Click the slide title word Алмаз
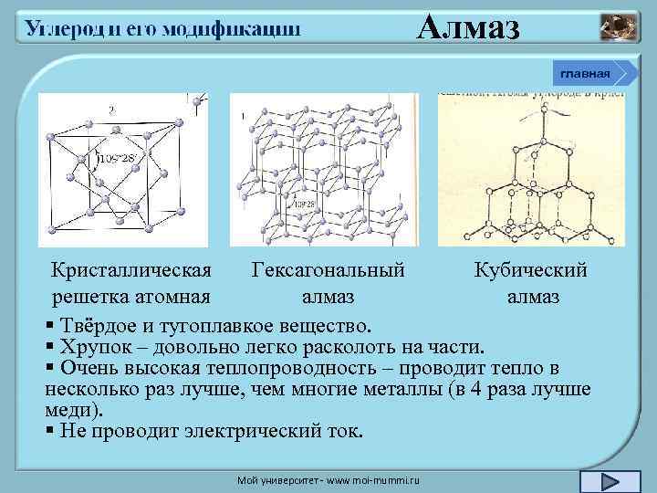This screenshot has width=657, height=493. pos(468,27)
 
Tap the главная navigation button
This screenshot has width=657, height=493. pos(586,72)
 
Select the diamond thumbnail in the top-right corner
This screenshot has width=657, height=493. pos(620,28)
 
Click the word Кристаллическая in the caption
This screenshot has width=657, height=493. pos(132,271)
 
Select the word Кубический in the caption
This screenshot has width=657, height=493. pos(531,271)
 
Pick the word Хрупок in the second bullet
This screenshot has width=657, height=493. pos(95,347)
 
